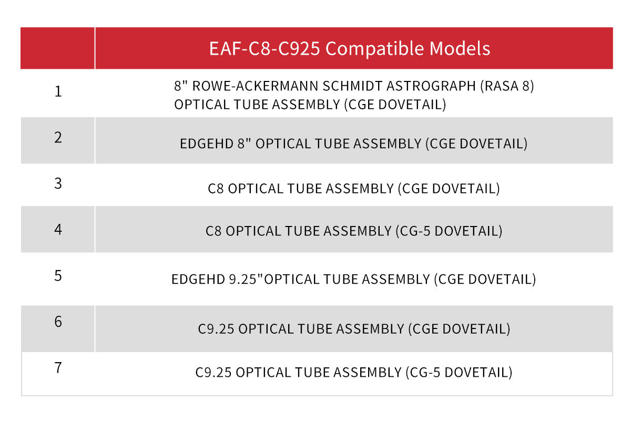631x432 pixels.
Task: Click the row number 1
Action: (x=58, y=91)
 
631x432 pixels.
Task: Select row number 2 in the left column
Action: (x=58, y=138)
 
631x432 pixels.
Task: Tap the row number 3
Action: (x=58, y=183)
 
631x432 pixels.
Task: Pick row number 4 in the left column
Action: (x=58, y=230)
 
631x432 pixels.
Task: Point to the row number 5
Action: (x=58, y=276)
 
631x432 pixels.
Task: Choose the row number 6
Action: (x=58, y=322)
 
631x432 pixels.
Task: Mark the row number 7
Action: (x=58, y=368)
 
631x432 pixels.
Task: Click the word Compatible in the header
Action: (x=374, y=49)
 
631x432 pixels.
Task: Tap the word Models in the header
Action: (x=460, y=48)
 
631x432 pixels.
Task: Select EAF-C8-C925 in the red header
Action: (x=264, y=48)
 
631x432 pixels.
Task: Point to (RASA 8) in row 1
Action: (x=507, y=86)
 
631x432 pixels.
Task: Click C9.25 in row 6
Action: (x=216, y=329)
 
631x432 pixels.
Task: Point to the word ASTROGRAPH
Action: (x=431, y=86)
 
